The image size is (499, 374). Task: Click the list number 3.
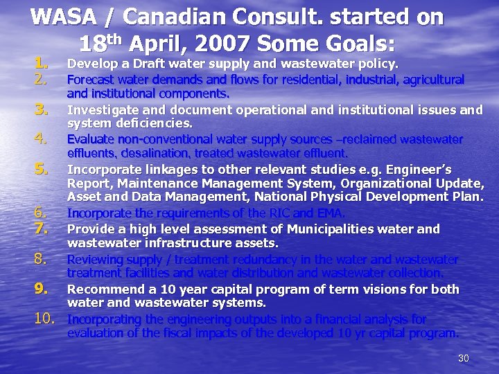[42, 109]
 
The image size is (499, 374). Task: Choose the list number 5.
[42, 168]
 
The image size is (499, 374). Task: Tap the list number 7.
[42, 229]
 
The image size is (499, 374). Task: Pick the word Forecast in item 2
[93, 80]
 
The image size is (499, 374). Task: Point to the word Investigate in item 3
[103, 109]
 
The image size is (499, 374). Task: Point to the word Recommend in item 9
[103, 289]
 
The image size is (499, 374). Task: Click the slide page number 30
[464, 358]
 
